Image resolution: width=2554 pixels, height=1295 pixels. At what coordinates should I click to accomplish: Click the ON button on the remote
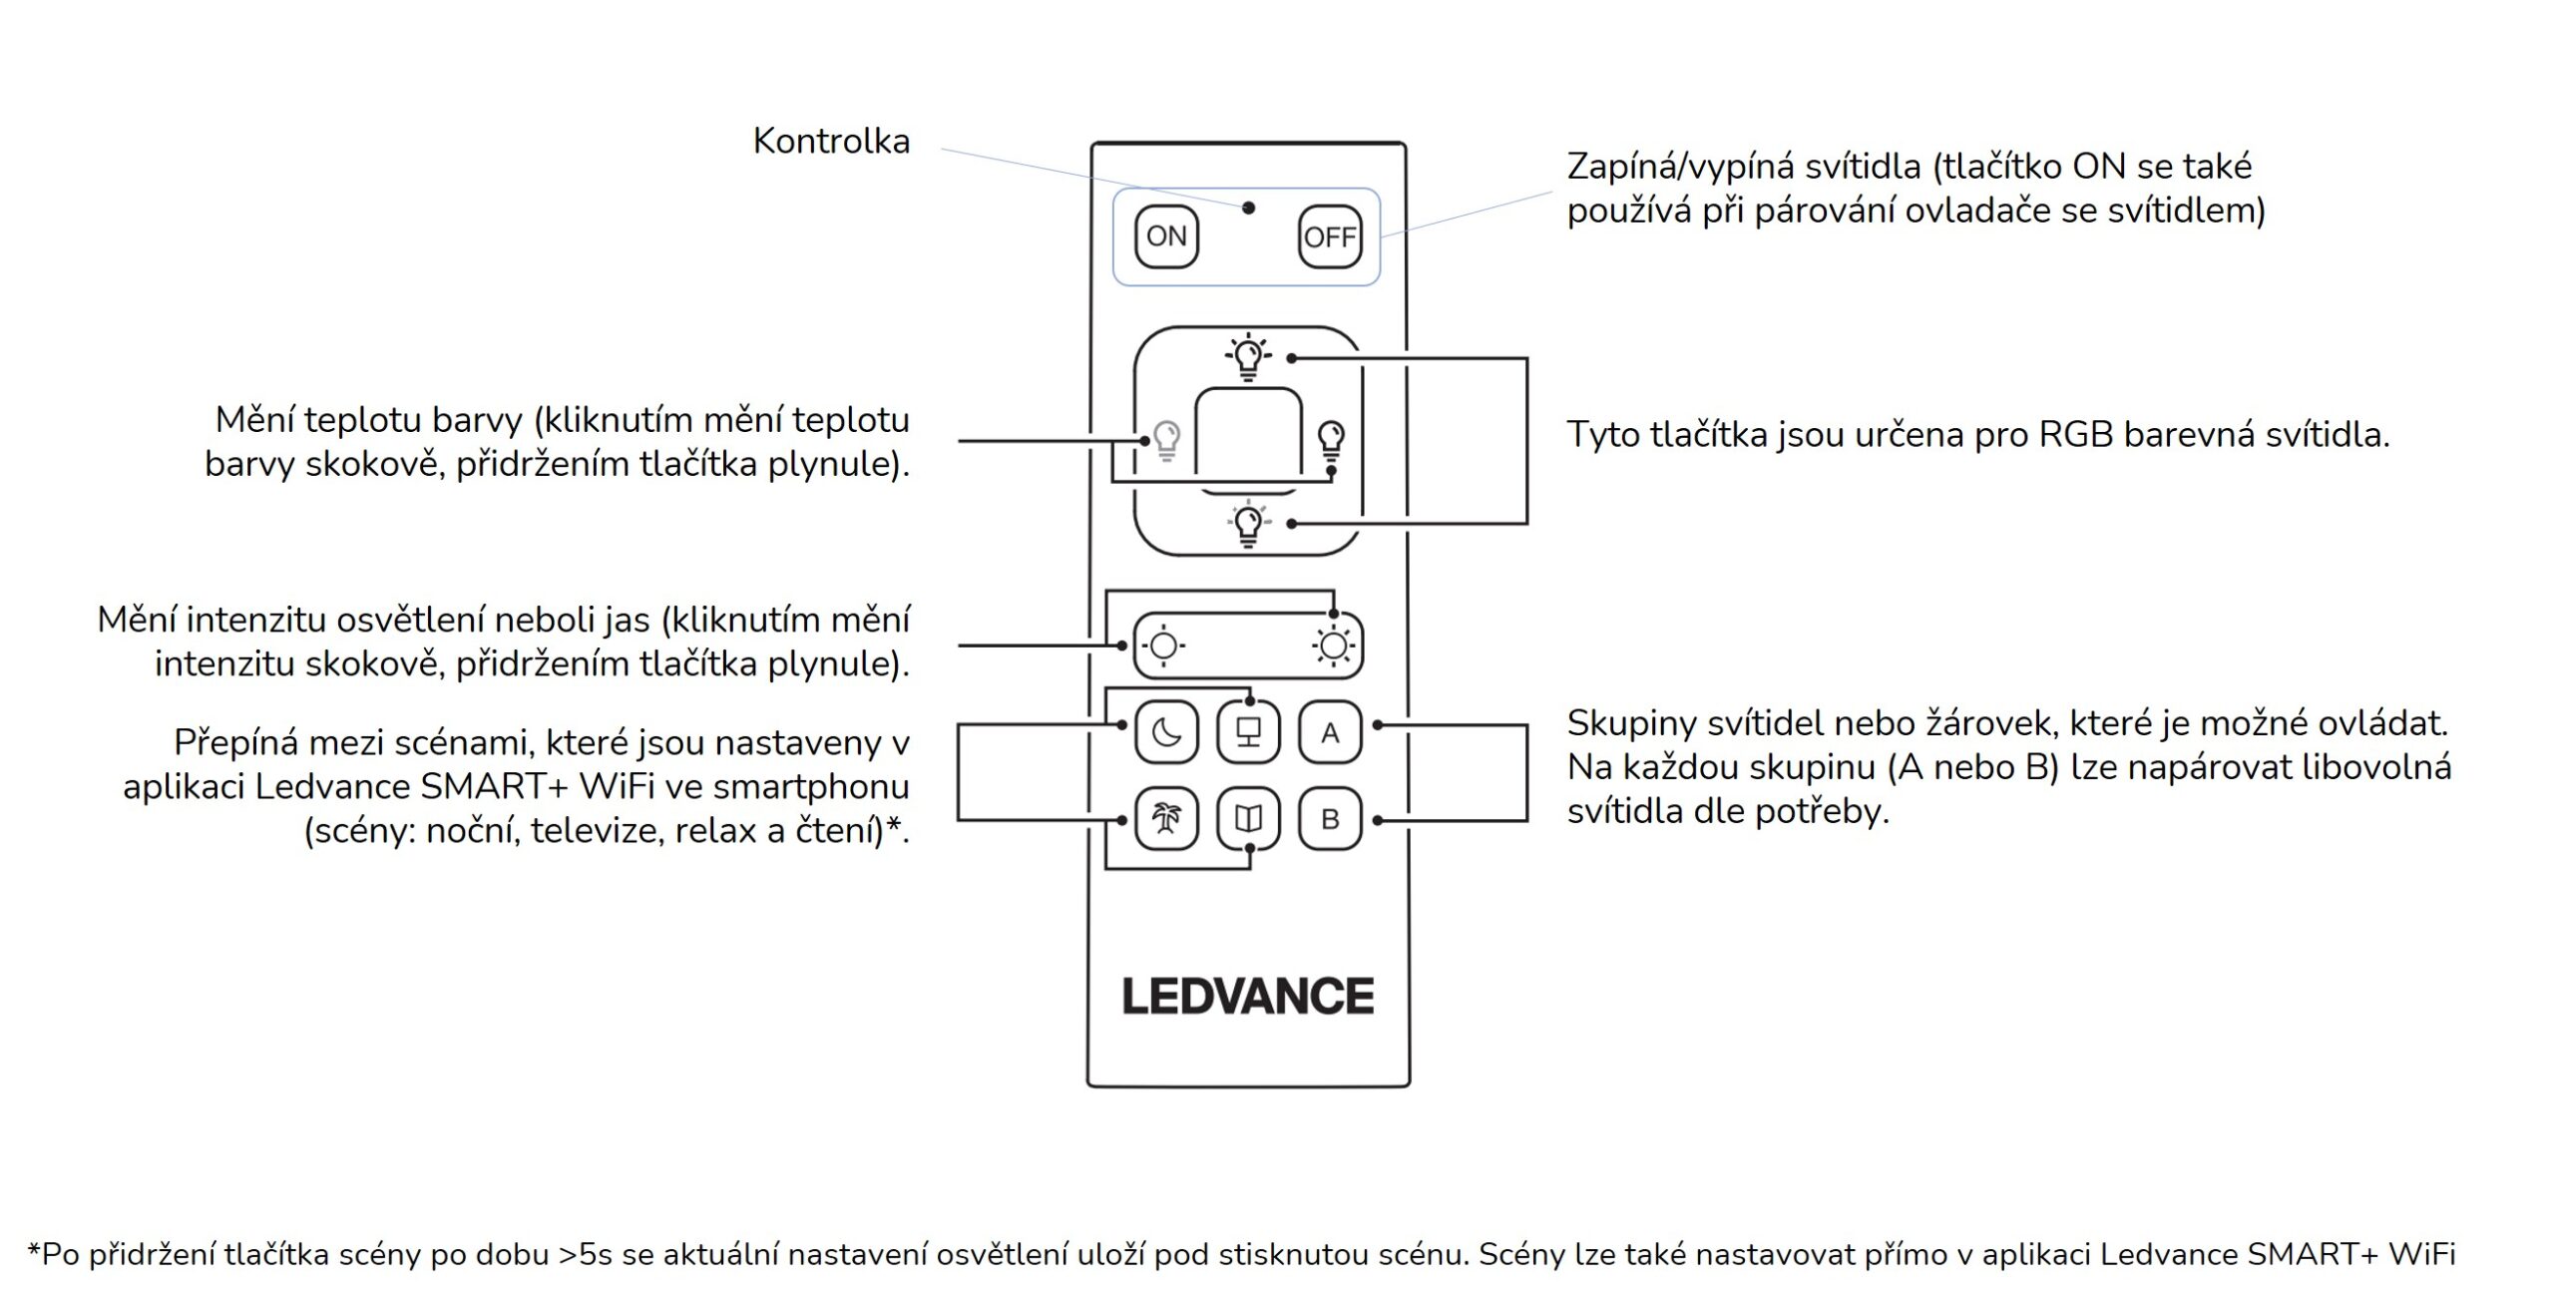click(x=1166, y=236)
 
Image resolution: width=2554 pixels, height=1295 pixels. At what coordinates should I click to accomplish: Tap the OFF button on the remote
click(x=1330, y=236)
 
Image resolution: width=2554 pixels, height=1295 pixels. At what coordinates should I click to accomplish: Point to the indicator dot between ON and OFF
click(x=1248, y=208)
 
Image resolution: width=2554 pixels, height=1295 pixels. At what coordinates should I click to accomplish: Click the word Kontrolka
click(x=831, y=141)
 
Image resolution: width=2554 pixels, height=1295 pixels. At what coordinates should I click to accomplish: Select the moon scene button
click(x=1166, y=733)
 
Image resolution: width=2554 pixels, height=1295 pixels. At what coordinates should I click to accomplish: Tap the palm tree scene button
click(x=1166, y=819)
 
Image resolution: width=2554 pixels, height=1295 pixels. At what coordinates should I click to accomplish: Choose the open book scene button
click(x=1248, y=819)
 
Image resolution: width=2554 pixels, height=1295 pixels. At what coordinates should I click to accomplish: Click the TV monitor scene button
click(x=1248, y=733)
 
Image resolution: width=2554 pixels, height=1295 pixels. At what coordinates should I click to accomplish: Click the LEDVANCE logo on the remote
click(x=1247, y=997)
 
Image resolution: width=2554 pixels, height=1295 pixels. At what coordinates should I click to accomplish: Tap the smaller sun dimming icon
click(x=1163, y=647)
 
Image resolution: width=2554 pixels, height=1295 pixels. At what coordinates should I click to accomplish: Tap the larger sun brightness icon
click(x=1334, y=647)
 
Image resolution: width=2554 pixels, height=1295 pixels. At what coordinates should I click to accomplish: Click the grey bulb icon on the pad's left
click(x=1166, y=439)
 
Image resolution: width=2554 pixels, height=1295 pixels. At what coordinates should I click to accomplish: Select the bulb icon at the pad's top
click(x=1248, y=356)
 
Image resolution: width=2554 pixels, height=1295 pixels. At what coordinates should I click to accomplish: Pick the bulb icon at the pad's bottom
click(x=1248, y=524)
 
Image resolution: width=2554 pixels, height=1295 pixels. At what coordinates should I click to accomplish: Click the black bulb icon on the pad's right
click(x=1331, y=439)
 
